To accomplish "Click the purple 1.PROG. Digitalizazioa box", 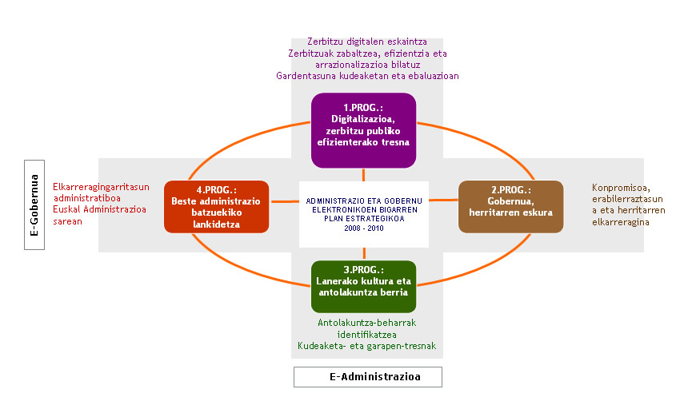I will point(364,130).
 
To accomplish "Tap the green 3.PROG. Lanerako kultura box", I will point(364,286).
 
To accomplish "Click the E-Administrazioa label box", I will point(367,376).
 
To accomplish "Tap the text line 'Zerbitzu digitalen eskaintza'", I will point(367,42).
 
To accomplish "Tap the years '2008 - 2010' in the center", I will point(364,228).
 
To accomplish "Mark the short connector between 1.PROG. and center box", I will point(364,176).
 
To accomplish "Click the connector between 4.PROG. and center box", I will point(284,202).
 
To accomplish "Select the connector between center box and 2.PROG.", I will point(444,201).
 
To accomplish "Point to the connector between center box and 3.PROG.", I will point(364,253).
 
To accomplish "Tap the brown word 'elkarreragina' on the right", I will point(620,221).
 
